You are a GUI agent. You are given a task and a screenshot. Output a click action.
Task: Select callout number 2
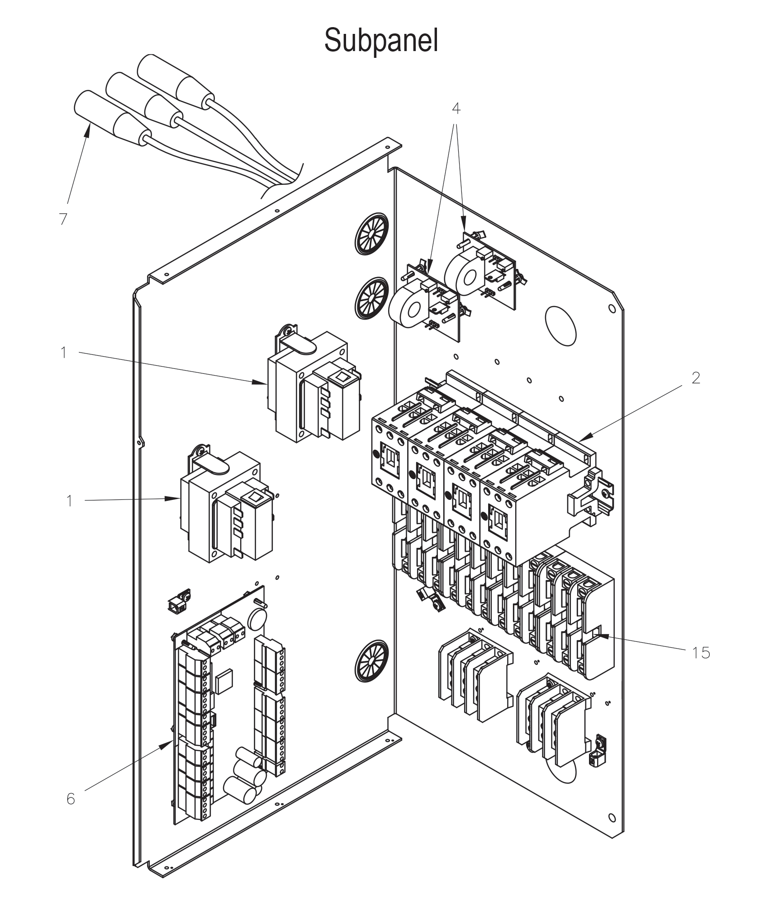(696, 378)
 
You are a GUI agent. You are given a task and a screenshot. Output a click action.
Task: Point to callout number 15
(700, 653)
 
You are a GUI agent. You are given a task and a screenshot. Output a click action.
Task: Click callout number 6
(71, 799)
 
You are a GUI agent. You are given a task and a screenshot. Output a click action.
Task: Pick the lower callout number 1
(69, 501)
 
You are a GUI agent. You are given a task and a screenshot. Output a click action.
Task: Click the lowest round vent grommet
(372, 662)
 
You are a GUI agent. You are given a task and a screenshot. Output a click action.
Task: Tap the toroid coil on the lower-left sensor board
(409, 307)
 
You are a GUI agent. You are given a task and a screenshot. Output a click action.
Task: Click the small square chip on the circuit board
(223, 682)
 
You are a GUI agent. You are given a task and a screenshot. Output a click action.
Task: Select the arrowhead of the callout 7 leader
(88, 130)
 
